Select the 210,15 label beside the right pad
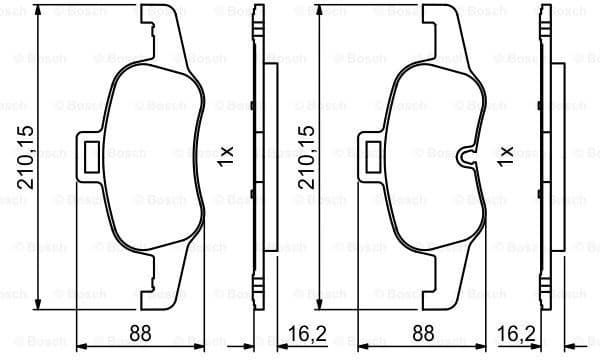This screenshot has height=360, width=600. coord(304,156)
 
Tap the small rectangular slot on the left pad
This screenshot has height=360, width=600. coord(90,155)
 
